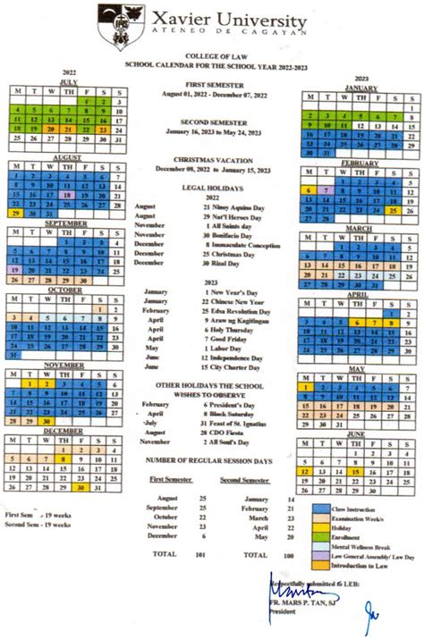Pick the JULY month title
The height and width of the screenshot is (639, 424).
pos(67,81)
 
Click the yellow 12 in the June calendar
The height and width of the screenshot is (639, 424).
pos(305,471)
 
